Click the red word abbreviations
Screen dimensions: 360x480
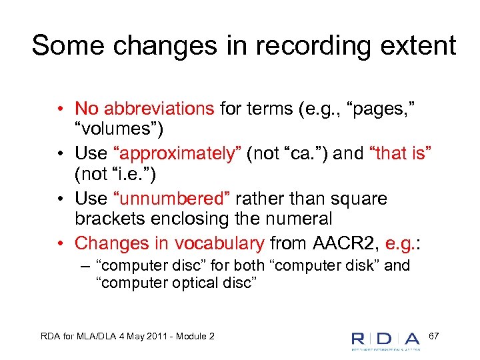tap(157, 109)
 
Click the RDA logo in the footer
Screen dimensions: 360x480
tap(386, 339)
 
